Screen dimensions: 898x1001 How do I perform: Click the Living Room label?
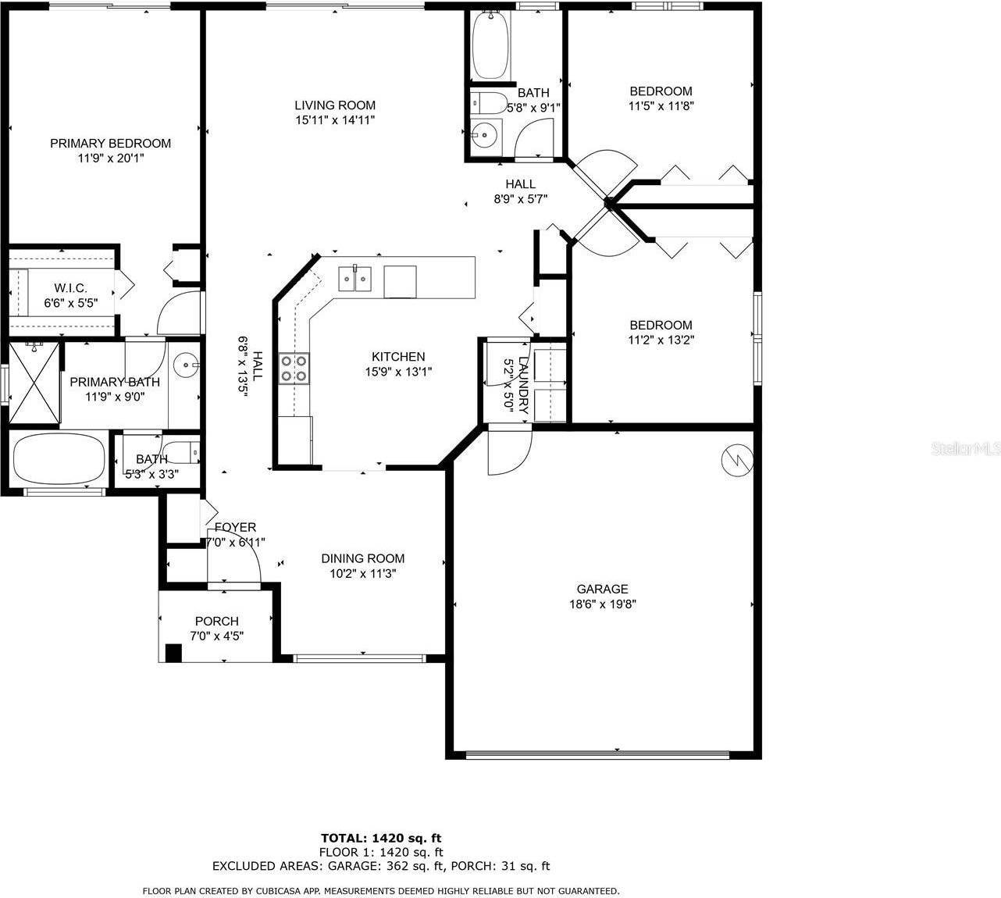335,105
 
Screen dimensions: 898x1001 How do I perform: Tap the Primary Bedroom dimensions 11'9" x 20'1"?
110,158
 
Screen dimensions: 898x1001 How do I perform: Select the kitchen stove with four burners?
294,369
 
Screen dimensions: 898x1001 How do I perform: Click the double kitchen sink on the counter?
355,278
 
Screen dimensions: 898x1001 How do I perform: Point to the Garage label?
602,589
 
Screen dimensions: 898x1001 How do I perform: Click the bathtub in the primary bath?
59,458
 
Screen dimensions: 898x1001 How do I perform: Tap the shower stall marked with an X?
34,383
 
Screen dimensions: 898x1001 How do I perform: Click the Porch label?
216,621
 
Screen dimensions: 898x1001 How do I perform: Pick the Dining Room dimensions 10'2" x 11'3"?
363,573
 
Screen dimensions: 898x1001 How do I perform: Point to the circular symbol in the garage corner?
736,460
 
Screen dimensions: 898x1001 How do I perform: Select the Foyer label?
235,527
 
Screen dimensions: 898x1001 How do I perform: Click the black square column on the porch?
173,653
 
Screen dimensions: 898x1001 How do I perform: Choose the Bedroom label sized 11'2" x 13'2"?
661,325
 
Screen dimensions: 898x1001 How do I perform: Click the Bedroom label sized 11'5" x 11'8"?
661,91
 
